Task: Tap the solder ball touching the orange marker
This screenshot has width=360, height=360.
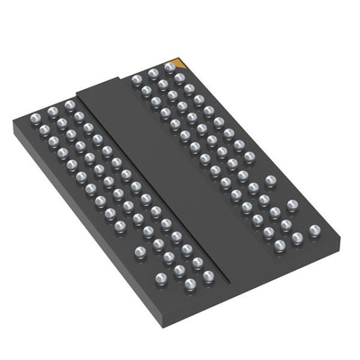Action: point(170,67)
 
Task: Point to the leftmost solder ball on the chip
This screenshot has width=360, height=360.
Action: point(35,115)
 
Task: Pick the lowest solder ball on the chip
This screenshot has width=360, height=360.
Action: point(190,284)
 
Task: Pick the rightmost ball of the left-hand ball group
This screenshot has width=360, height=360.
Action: point(208,276)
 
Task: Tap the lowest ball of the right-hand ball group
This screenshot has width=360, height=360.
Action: point(280,245)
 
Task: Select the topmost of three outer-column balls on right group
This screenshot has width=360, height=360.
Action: point(270,180)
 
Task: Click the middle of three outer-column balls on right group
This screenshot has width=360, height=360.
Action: point(292,205)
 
